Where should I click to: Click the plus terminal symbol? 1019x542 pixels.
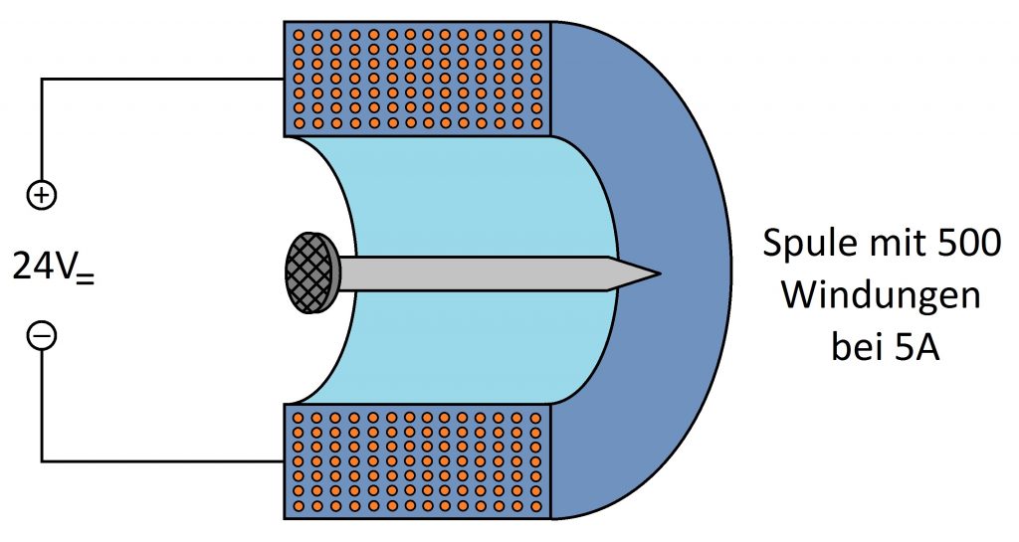42,195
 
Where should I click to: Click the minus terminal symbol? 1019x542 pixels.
42,335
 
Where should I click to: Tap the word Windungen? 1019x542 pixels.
881,295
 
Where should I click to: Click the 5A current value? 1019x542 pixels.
917,348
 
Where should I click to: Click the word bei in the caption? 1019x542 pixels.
857,348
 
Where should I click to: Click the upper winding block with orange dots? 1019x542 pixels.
417,79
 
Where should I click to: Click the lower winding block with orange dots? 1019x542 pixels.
417,461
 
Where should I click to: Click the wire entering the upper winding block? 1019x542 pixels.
162,80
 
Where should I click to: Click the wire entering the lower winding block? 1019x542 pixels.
162,461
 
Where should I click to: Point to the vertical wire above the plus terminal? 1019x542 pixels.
42,130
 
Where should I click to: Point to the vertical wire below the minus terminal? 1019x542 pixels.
42,406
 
